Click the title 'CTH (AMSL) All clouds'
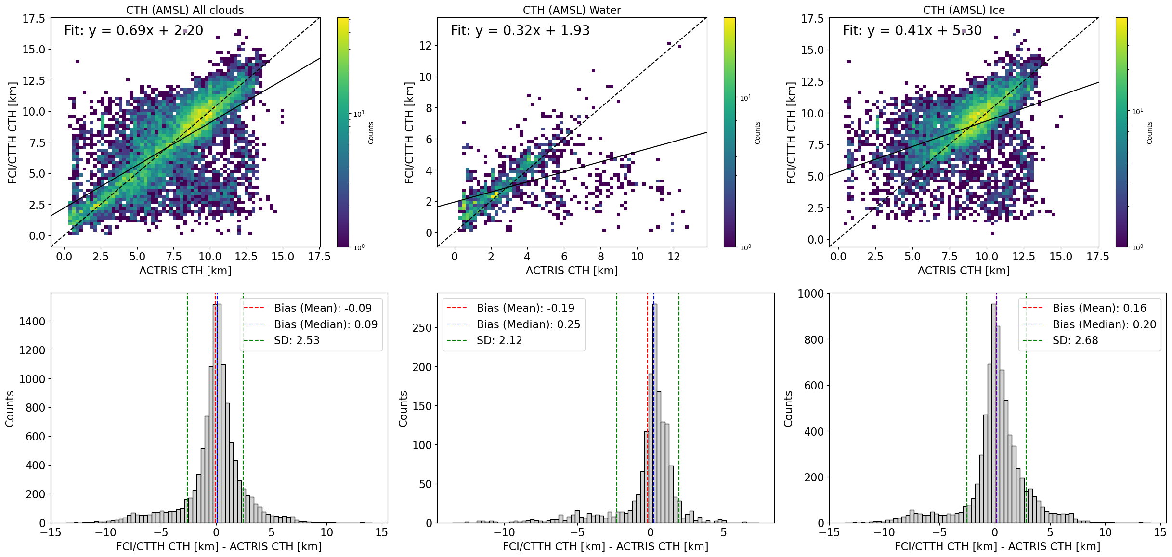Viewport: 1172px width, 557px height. (185, 10)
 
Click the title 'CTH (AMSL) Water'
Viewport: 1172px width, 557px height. (572, 10)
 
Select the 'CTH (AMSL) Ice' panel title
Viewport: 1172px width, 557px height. (964, 10)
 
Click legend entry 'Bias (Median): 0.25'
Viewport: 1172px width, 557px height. (528, 324)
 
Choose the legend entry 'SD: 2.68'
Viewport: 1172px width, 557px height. (1075, 340)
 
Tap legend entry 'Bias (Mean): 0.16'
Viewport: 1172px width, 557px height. (1099, 308)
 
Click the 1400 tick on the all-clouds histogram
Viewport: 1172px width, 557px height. (32, 322)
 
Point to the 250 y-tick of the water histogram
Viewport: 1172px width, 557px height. (422, 328)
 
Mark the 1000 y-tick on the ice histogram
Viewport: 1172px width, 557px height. (811, 294)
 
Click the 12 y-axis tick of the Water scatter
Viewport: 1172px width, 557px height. (426, 46)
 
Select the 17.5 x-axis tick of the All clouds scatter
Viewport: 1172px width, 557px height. (319, 257)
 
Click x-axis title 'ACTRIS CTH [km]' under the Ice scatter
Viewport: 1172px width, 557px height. (964, 271)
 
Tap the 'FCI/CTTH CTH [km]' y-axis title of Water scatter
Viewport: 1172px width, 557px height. (409, 132)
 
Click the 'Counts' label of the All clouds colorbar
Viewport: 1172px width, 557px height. (371, 132)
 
